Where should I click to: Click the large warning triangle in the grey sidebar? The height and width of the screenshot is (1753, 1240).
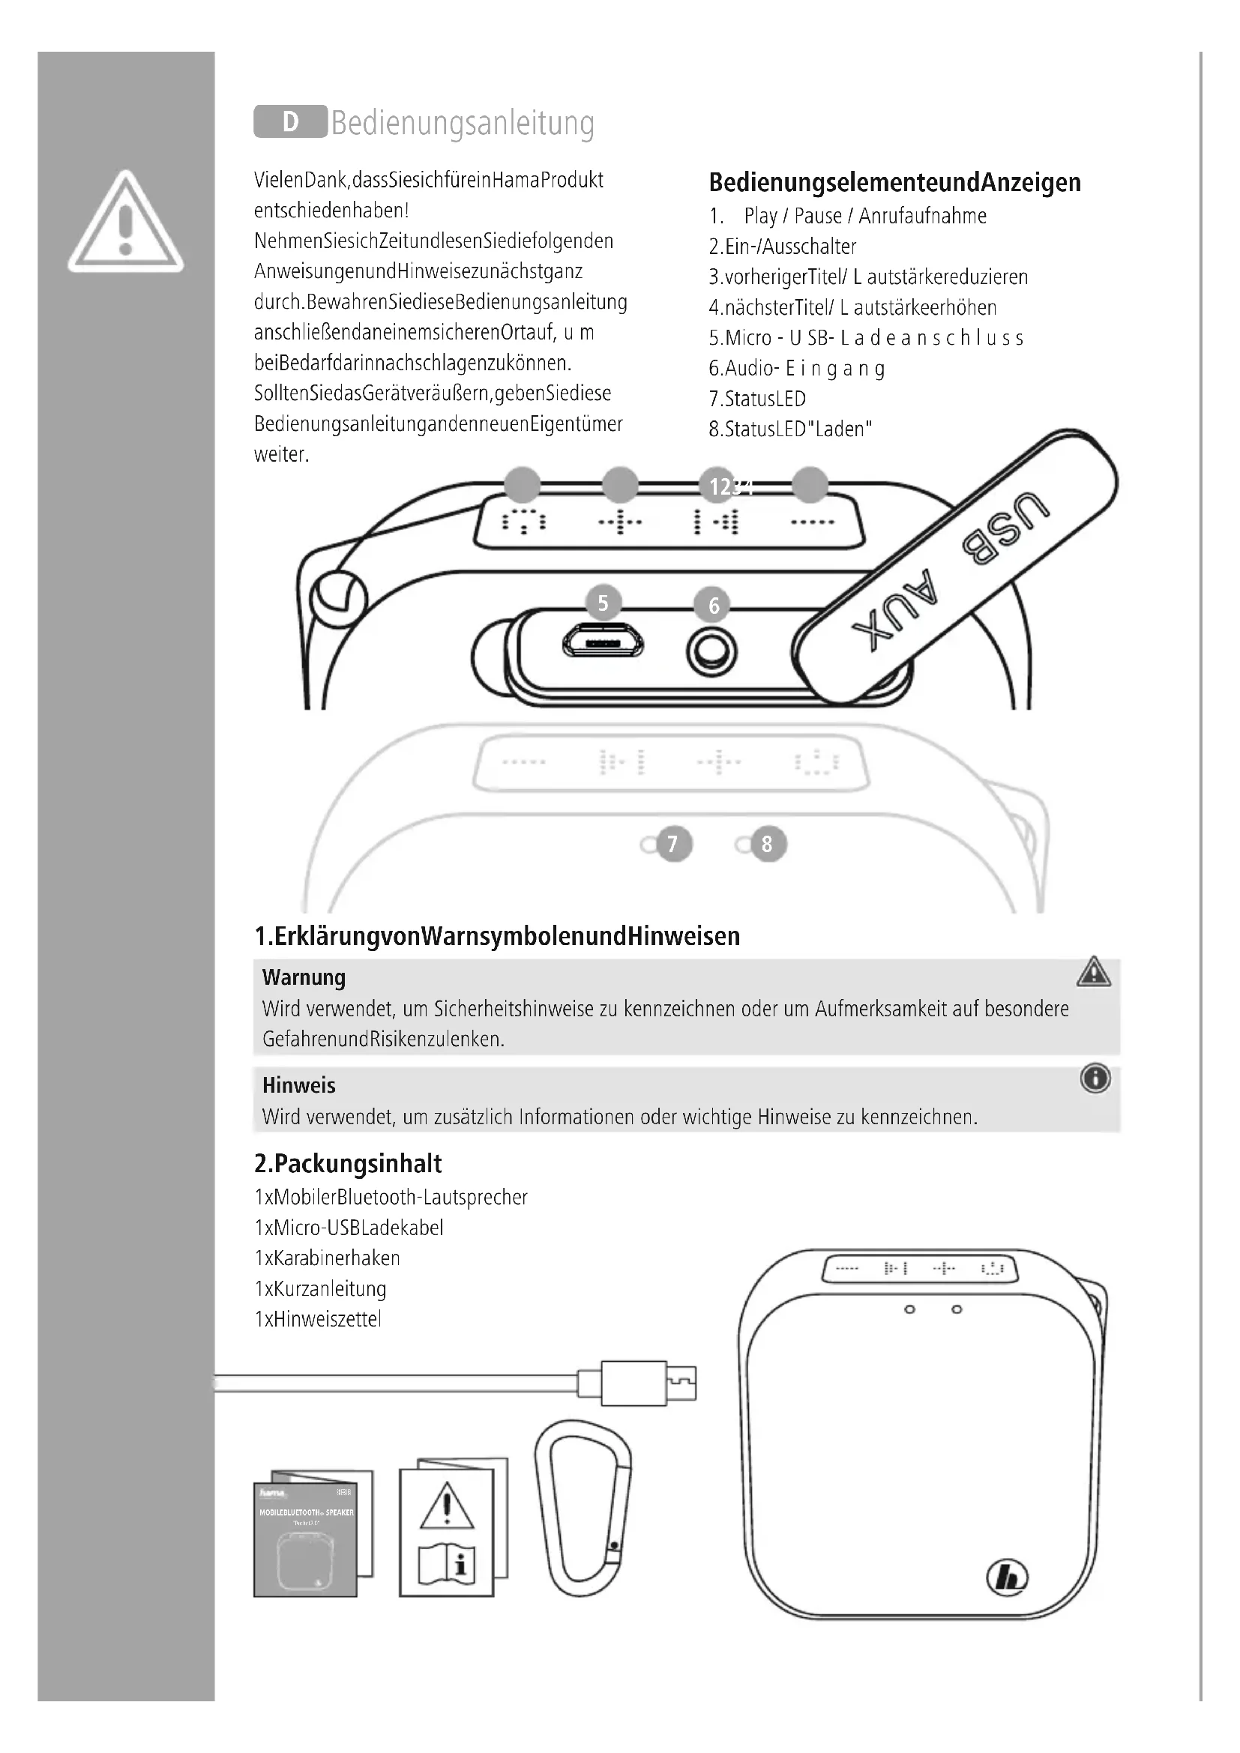[125, 223]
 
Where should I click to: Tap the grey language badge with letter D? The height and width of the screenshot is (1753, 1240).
[290, 122]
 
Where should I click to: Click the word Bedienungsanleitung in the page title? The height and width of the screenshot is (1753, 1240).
[463, 123]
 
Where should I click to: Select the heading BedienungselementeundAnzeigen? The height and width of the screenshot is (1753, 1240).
[894, 182]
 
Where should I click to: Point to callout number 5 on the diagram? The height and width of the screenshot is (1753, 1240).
[604, 603]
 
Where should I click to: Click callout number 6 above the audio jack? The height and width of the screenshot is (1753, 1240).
[714, 606]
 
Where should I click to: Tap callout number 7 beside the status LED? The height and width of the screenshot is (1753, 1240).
[672, 844]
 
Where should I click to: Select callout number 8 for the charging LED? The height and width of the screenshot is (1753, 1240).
[768, 844]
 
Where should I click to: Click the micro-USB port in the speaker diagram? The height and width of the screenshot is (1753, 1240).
[604, 644]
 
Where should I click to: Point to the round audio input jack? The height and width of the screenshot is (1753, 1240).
[711, 653]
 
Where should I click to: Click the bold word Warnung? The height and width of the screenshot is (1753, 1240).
[304, 978]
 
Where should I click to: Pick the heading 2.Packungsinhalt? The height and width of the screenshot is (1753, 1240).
[347, 1164]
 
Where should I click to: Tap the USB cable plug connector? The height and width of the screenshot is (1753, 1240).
[648, 1384]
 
